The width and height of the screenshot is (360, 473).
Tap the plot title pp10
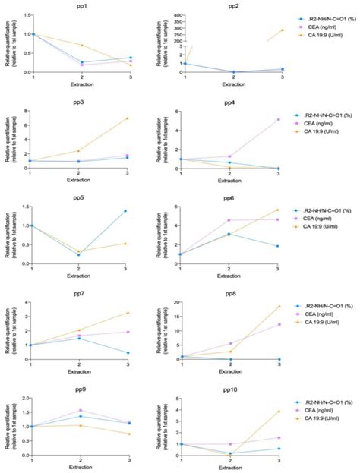232,389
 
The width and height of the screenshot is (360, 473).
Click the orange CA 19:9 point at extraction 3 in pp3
127,118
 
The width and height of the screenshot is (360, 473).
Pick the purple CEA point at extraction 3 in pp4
279,119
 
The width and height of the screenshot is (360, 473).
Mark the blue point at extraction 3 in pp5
127,211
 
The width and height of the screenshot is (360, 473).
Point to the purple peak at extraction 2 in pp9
80,410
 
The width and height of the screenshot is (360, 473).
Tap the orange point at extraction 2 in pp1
80,46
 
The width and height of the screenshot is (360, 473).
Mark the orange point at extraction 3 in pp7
127,313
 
